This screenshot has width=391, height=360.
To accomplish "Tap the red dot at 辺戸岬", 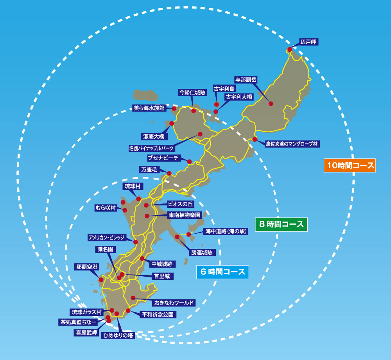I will [x=290, y=49].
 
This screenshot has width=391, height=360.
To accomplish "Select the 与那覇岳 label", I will [x=246, y=80].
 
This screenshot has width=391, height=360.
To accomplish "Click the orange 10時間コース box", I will [x=350, y=166].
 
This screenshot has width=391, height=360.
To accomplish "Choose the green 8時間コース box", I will [x=281, y=225].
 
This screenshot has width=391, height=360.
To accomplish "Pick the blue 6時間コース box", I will [x=222, y=272].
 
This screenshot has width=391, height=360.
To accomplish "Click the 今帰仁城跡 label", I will [x=192, y=92].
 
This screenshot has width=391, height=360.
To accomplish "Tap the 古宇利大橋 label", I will [x=239, y=97].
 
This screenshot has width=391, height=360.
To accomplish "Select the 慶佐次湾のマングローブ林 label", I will [x=292, y=144].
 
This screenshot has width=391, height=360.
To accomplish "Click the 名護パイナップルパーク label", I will [x=151, y=148].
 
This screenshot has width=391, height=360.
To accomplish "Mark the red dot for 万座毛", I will [x=169, y=173].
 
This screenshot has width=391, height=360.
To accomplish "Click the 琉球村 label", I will [x=132, y=186].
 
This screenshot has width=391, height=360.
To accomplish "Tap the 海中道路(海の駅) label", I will [x=226, y=231].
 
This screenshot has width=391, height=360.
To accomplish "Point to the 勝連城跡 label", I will [x=202, y=252].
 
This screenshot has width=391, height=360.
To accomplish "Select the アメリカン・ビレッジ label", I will [x=106, y=238].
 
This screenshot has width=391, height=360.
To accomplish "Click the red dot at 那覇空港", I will [x=101, y=280].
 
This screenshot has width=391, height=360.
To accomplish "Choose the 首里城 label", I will [x=162, y=276].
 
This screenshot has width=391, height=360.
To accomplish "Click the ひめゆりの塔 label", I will [x=118, y=335].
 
